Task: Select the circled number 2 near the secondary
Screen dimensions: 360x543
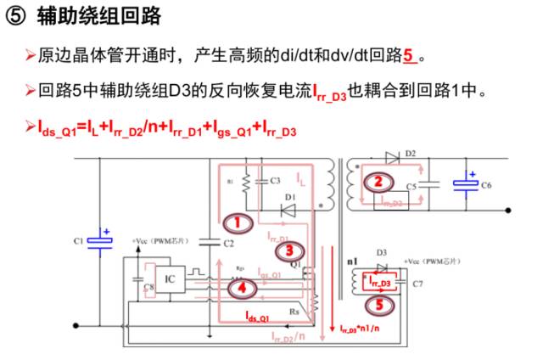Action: [380, 181]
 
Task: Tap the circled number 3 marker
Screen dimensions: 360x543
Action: [290, 250]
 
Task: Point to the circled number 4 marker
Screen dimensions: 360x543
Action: [243, 288]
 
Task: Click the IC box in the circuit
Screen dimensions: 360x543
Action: [170, 277]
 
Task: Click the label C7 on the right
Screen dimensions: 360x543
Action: [417, 284]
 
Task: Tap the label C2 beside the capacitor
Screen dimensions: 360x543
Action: [227, 244]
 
